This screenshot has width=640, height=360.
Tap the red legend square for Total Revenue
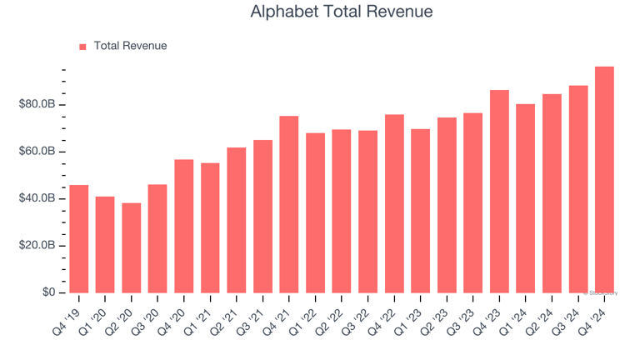coord(82,47)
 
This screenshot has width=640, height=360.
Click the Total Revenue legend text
coord(130,46)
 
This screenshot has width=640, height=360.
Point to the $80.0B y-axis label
coord(37,104)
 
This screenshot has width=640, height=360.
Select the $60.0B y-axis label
coord(37,152)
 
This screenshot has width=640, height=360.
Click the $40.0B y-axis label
coord(37,198)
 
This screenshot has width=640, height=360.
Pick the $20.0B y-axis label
coord(37,246)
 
